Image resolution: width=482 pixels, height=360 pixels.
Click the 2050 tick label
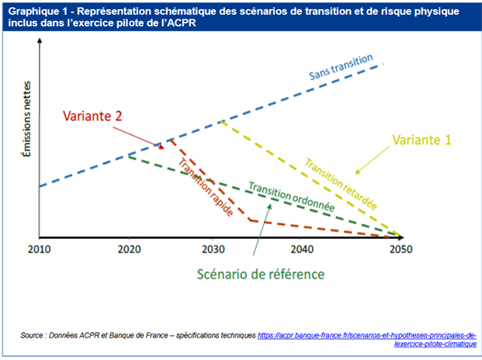tap(401, 250)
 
